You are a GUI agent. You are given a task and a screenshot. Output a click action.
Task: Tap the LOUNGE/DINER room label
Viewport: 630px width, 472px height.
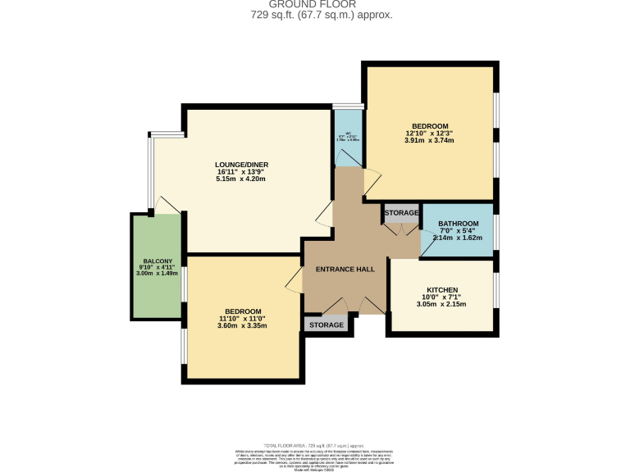[241, 165]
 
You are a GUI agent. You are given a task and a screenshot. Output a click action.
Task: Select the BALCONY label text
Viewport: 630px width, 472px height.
[153, 261]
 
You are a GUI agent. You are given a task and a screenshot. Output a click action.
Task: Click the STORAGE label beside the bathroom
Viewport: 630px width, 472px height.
[400, 213]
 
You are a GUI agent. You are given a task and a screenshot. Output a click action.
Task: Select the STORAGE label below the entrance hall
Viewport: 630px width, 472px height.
[326, 324]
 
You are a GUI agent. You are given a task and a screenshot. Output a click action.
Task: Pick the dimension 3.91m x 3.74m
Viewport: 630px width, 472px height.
[429, 141]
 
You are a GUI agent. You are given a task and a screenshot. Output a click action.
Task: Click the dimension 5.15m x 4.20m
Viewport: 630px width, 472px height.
[241, 179]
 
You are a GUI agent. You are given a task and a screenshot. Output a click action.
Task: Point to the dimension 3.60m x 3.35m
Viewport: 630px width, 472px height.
[242, 326]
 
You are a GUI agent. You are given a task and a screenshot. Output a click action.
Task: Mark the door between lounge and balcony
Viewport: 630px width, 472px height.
[167, 205]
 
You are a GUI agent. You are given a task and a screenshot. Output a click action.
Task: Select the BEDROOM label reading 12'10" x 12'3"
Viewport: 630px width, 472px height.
[429, 126]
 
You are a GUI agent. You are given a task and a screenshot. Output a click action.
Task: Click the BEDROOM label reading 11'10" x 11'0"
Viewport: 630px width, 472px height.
[243, 311]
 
